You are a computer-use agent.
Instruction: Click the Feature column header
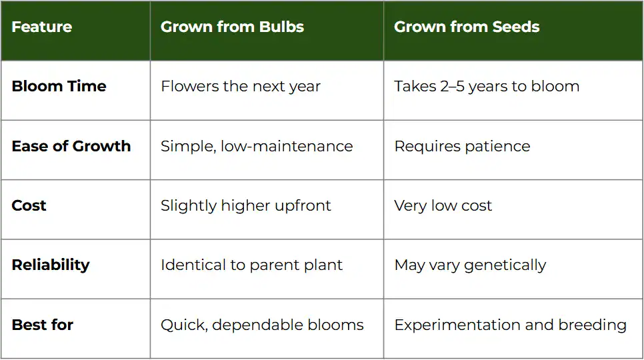pyautogui.click(x=42, y=27)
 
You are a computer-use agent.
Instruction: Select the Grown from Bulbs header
pyautogui.click(x=232, y=27)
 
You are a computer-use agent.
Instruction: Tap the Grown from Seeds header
pyautogui.click(x=467, y=27)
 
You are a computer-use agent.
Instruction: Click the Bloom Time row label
pyautogui.click(x=59, y=87)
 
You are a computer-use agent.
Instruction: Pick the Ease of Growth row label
pyautogui.click(x=71, y=146)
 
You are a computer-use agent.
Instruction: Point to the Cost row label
pyautogui.click(x=29, y=205)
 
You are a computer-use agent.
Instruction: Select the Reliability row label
pyautogui.click(x=51, y=265)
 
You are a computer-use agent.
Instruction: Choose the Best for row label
pyautogui.click(x=43, y=325)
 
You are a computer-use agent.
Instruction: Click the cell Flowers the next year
pyautogui.click(x=241, y=87)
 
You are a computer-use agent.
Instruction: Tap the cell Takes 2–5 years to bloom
pyautogui.click(x=487, y=87)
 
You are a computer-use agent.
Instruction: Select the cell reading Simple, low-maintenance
pyautogui.click(x=257, y=146)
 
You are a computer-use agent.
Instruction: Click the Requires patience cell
pyautogui.click(x=462, y=146)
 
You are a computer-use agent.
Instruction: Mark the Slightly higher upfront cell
pyautogui.click(x=245, y=205)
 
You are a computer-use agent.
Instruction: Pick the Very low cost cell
pyautogui.click(x=443, y=205)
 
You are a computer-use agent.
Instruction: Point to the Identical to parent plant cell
pyautogui.click(x=251, y=265)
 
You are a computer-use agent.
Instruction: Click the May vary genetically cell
pyautogui.click(x=470, y=265)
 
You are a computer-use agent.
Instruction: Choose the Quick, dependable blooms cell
pyautogui.click(x=262, y=325)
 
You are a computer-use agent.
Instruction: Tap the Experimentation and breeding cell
pyautogui.click(x=510, y=325)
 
